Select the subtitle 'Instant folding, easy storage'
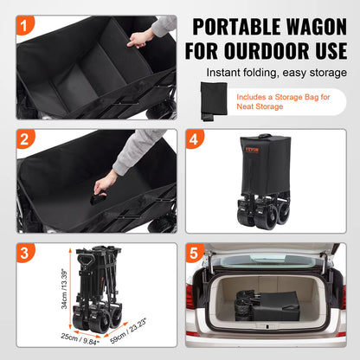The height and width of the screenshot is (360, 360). tap(277, 74)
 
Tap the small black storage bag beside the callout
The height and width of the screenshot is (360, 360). tap(210, 102)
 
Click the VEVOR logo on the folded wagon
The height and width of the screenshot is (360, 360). tap(252, 150)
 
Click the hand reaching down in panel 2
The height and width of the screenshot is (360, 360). tap(106, 183)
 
